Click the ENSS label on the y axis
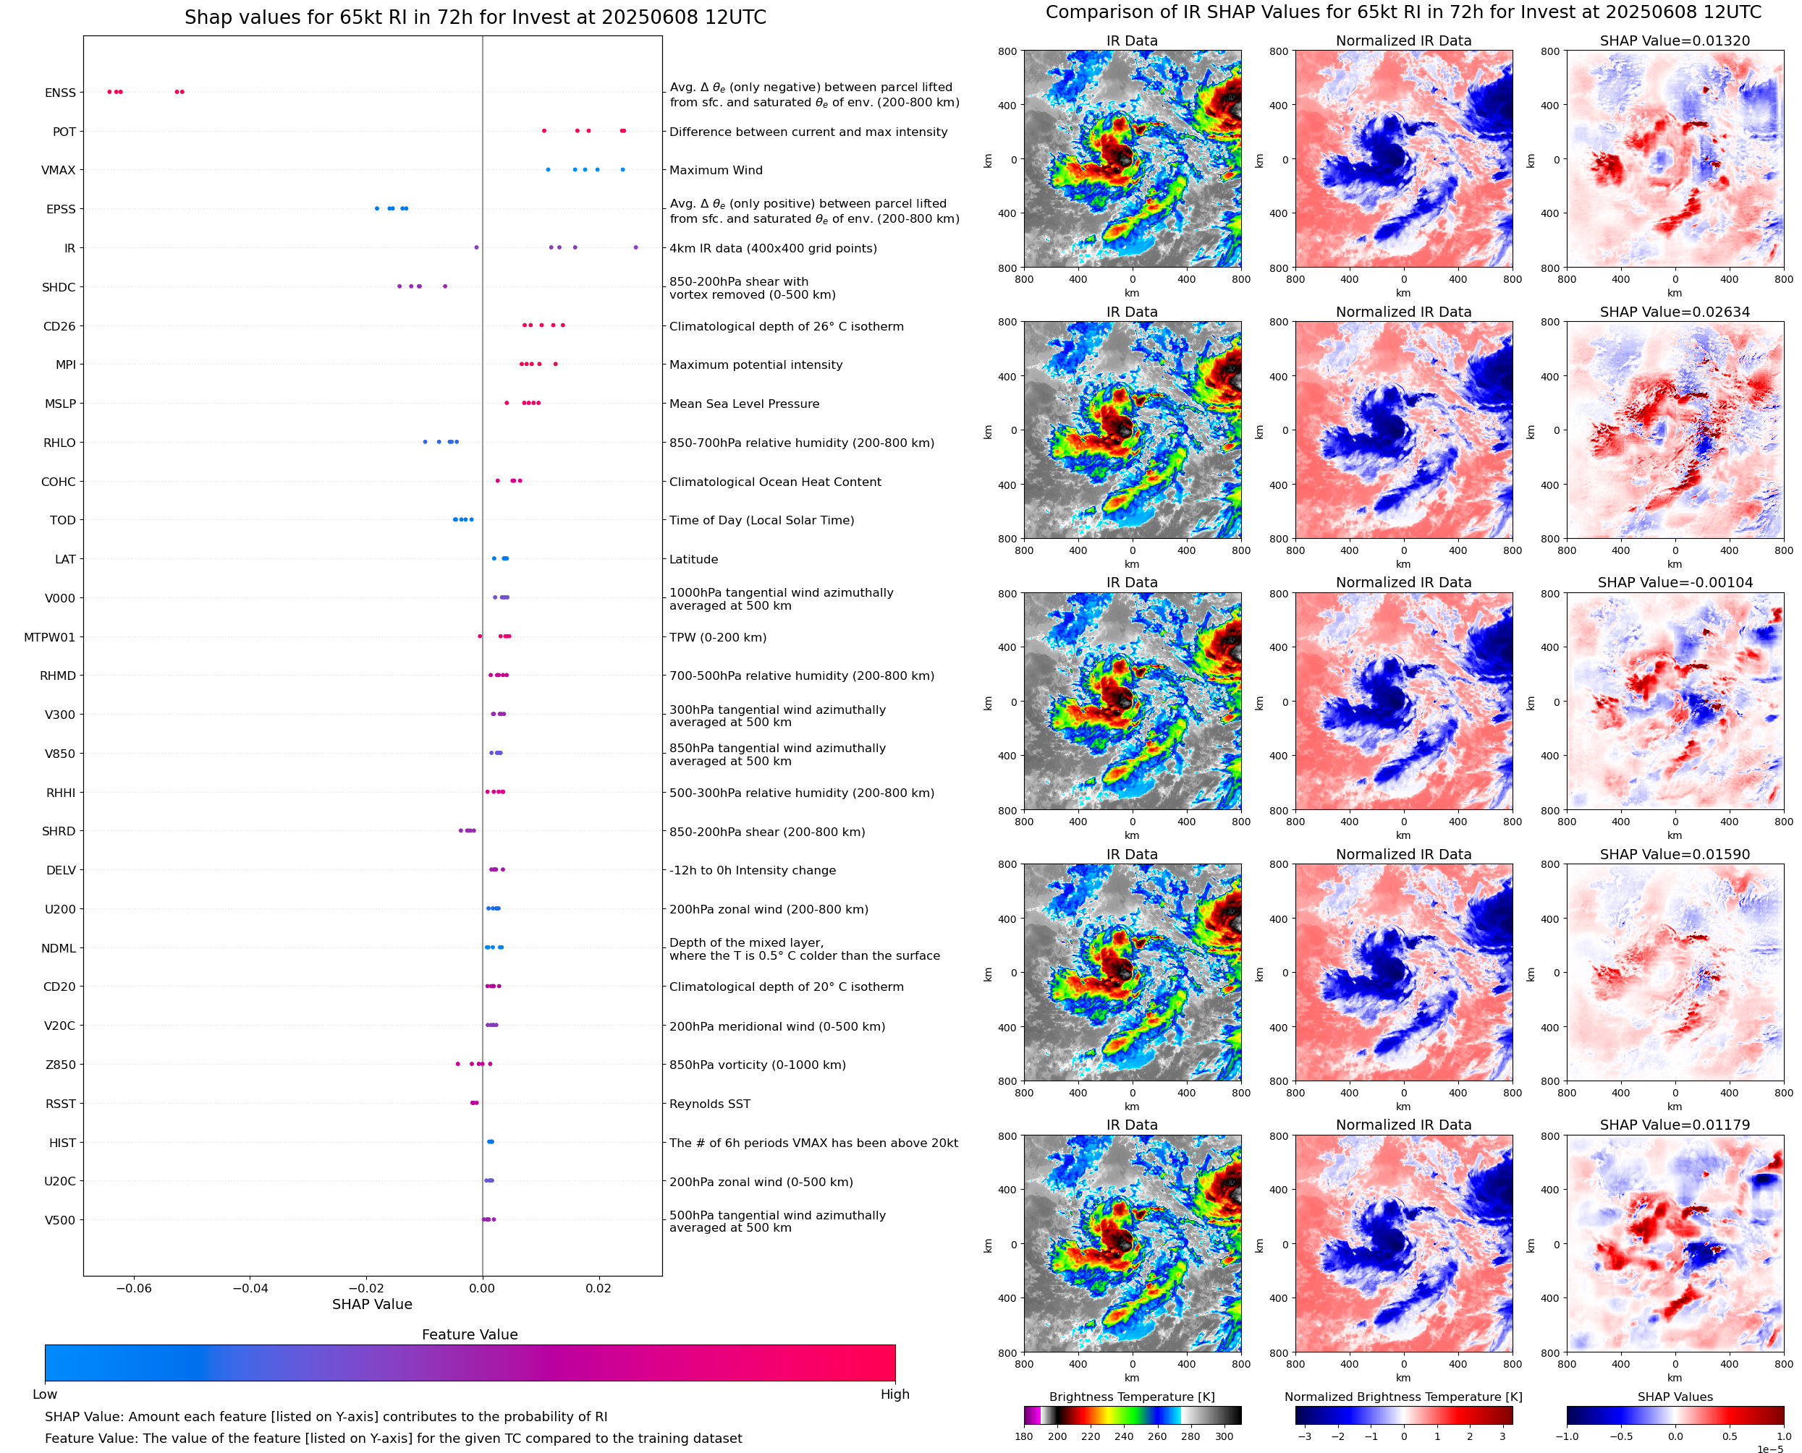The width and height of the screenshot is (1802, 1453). click(60, 93)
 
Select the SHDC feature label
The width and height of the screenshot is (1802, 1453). click(59, 287)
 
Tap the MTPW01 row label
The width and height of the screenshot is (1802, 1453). click(49, 637)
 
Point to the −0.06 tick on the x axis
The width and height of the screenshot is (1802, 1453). click(134, 1288)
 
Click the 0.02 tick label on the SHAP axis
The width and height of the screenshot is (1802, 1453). click(598, 1288)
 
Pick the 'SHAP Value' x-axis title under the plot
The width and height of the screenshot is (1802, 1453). click(372, 1304)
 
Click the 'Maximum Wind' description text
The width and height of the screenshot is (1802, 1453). click(716, 170)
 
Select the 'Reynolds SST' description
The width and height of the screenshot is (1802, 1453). click(709, 1104)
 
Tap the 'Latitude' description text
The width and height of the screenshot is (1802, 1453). click(693, 559)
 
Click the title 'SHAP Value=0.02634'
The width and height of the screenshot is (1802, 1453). click(1675, 312)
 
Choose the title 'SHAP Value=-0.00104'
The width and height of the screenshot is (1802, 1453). click(1675, 582)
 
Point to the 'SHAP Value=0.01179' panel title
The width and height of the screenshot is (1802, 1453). click(1675, 1125)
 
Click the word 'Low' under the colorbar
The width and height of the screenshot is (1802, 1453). click(45, 1394)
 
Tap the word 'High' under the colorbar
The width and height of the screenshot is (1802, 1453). click(894, 1394)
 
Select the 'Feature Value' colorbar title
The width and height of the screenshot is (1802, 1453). click(470, 1335)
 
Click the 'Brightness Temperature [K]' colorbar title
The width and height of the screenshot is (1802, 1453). click(1131, 1397)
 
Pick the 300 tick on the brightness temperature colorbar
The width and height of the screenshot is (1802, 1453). click(1224, 1436)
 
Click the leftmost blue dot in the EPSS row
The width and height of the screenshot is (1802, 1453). click(377, 208)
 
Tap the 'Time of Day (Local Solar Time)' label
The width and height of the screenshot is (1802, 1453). click(761, 521)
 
